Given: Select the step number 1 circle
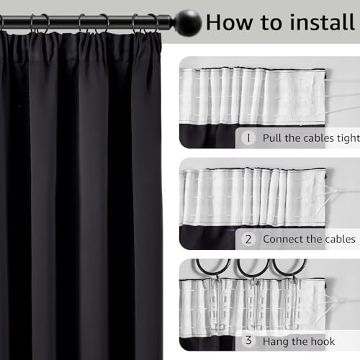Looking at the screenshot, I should pyautogui.click(x=248, y=137).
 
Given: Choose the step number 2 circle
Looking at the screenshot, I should pyautogui.click(x=248, y=238).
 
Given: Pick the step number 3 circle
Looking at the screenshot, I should pyautogui.click(x=248, y=341).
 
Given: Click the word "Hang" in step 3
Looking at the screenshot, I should pyautogui.click(x=278, y=341).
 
